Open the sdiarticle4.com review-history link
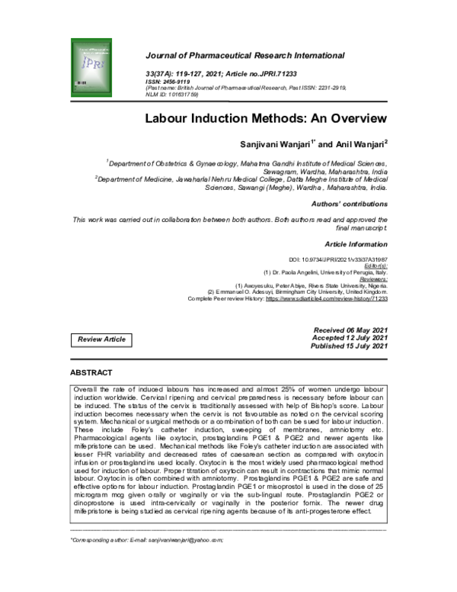tap(334, 299)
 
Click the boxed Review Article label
tap(101, 339)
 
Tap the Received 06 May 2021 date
tap(350, 329)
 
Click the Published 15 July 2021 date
tap(350, 346)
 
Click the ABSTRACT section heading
tap(91, 372)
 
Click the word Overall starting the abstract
tap(85, 389)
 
